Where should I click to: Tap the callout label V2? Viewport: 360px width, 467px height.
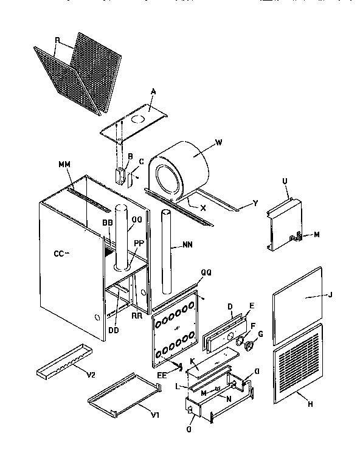tap(91, 375)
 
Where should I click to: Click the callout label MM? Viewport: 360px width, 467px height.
tap(64, 165)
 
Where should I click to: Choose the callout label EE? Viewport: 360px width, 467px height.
tap(162, 376)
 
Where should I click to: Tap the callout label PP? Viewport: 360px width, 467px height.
tap(139, 243)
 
